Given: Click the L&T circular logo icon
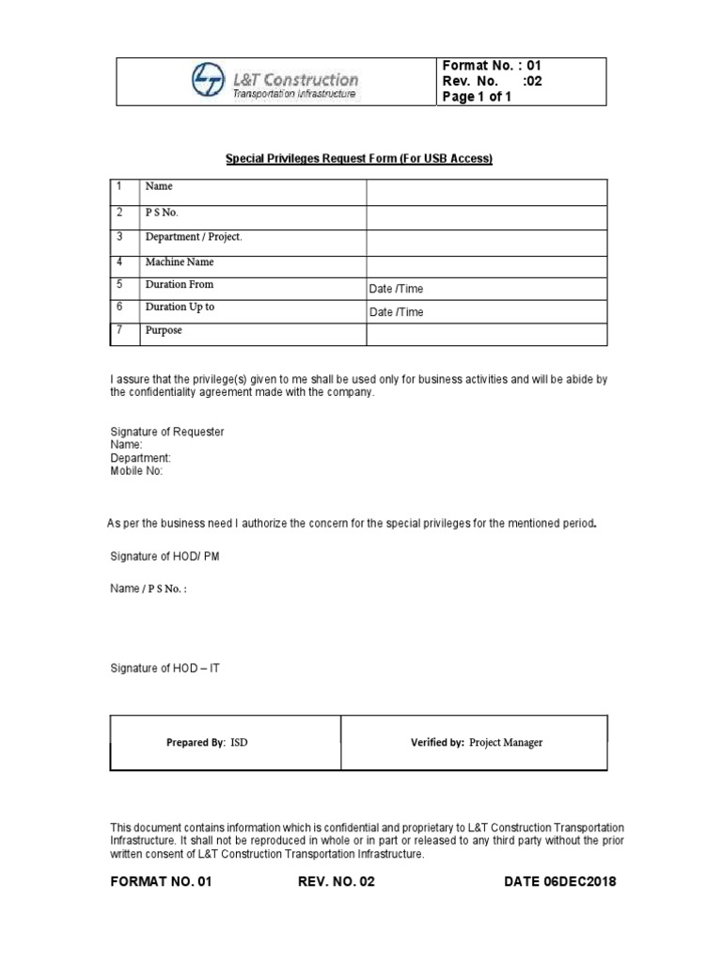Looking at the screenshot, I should click(x=208, y=80).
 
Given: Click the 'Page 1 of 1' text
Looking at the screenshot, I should click(x=477, y=97).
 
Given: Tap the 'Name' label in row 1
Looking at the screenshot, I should click(x=158, y=188).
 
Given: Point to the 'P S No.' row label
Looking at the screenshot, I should click(x=161, y=213).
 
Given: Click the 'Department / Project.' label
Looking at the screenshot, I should click(x=192, y=237).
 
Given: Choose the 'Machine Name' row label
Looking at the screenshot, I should click(x=178, y=260).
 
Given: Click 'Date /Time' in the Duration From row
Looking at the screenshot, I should click(x=396, y=289).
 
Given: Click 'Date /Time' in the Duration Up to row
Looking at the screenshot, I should click(x=396, y=312).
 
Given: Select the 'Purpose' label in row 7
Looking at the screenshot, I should click(x=163, y=331).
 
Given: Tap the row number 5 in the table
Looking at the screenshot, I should click(x=120, y=284).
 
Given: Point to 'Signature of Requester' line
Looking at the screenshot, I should click(x=167, y=432).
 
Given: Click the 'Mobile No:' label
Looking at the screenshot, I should click(x=136, y=471).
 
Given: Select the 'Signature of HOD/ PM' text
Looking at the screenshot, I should click(x=165, y=557).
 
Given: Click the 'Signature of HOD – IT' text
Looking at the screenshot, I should click(x=165, y=668).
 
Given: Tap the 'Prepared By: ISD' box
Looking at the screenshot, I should click(x=226, y=742).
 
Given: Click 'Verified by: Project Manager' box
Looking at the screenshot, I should click(x=476, y=742).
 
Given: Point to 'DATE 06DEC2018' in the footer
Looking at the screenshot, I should click(x=560, y=882).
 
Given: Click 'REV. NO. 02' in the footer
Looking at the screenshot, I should click(x=337, y=882).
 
